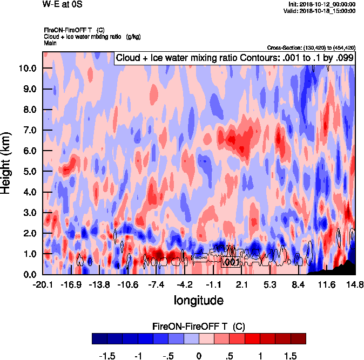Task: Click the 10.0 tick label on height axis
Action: [28, 68]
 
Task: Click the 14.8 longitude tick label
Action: [355, 284]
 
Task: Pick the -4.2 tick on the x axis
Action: [185, 284]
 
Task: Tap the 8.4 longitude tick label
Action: [299, 284]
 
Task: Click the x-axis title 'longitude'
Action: [198, 300]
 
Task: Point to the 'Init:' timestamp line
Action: [322, 4]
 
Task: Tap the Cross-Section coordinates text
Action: [311, 47]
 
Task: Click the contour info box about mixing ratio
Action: [234, 58]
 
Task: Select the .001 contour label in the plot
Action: [231, 262]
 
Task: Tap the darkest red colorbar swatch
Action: [298, 338]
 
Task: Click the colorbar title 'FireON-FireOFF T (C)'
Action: [199, 327]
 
